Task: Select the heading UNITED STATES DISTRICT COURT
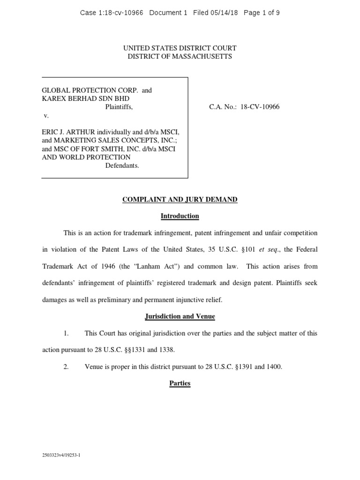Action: pos(180,48)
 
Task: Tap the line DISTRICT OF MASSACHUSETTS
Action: pos(180,57)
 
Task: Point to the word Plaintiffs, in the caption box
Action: pos(119,107)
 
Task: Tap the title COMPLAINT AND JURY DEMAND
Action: pos(180,200)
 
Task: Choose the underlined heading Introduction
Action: pos(180,216)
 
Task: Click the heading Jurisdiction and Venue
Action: pos(180,316)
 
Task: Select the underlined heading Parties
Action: pos(180,383)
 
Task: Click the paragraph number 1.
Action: pos(66,333)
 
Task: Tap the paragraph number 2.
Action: pos(66,367)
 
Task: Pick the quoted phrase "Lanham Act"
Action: pos(160,266)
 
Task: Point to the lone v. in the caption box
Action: pos(45,115)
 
